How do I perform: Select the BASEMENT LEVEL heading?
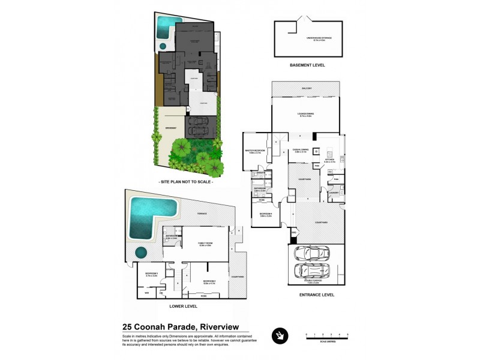tap(307, 65)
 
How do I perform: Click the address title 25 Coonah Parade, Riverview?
tap(180, 327)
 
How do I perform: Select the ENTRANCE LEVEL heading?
tap(316, 295)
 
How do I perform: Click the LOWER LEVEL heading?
tap(184, 306)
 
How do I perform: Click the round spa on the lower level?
tap(142, 251)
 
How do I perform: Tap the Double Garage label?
tap(315, 280)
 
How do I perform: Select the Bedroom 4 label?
tap(266, 214)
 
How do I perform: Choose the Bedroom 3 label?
tap(151, 275)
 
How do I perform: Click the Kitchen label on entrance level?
tap(329, 160)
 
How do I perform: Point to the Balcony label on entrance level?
tap(307, 88)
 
